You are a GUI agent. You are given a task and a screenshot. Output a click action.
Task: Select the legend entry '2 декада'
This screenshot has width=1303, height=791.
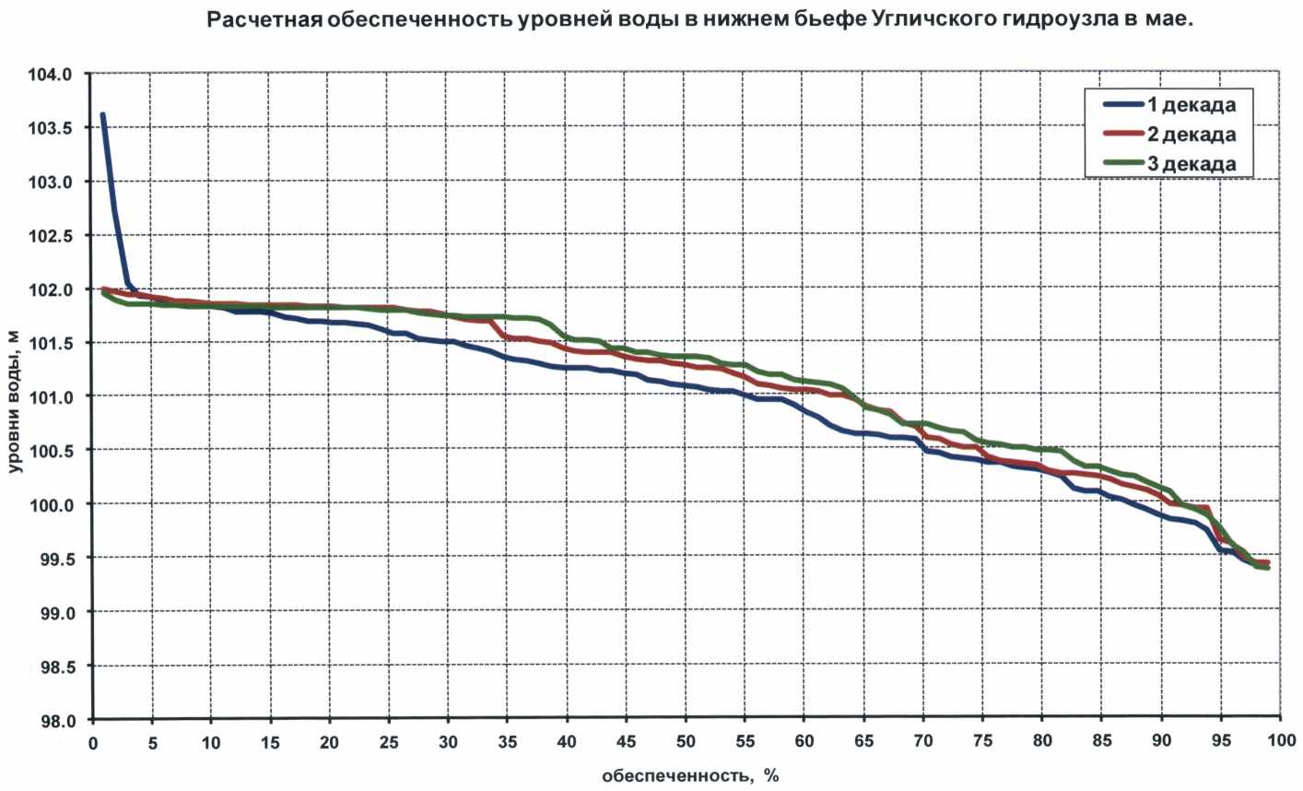click(x=1191, y=135)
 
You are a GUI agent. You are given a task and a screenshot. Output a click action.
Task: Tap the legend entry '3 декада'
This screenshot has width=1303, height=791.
click(x=1191, y=164)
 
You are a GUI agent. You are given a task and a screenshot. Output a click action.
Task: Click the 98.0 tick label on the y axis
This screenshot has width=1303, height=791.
click(x=54, y=720)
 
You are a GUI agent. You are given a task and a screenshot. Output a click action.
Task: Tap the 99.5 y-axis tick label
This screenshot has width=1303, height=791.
click(x=54, y=558)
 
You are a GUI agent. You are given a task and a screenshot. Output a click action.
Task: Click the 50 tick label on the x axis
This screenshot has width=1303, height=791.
click(x=685, y=741)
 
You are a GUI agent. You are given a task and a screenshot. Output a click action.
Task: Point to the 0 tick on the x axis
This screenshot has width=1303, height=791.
click(x=93, y=741)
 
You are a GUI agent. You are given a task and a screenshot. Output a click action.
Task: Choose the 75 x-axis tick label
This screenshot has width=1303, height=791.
click(x=982, y=741)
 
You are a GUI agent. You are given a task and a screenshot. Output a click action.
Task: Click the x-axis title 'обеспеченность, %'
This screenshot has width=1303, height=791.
click(x=690, y=776)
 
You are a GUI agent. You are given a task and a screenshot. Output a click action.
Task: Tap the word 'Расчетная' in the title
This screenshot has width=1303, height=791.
click(x=262, y=19)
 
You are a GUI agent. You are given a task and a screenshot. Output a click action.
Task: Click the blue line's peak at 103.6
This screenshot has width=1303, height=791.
click(x=102, y=115)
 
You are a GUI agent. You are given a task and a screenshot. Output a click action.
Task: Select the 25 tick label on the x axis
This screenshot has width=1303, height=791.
click(x=388, y=741)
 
